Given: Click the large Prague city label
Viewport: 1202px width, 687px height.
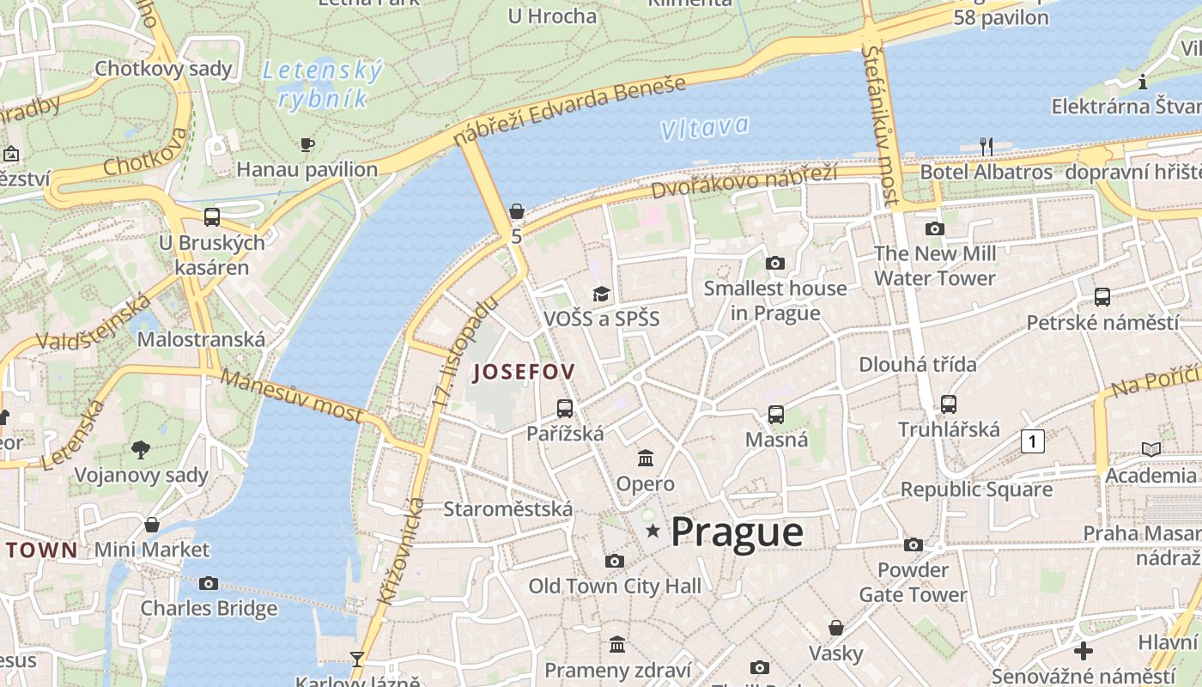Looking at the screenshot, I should tap(737, 532).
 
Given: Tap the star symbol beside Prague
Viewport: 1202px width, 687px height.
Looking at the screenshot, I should tap(653, 532).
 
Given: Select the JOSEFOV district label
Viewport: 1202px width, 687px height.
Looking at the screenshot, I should tap(524, 372).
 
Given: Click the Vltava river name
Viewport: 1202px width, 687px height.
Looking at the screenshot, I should tap(705, 128).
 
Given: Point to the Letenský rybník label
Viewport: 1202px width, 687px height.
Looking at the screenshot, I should tap(322, 83).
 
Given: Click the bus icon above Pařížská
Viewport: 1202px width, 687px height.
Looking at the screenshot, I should tap(564, 409).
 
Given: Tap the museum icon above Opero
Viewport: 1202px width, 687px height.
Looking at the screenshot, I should tap(646, 459).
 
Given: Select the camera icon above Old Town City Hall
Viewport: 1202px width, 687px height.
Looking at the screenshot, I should tap(614, 562).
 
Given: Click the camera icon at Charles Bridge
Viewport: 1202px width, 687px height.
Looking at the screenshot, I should tap(208, 584).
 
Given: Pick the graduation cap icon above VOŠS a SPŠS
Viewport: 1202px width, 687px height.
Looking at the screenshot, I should tap(601, 295).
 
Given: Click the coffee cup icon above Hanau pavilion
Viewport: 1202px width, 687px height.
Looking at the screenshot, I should tap(307, 144).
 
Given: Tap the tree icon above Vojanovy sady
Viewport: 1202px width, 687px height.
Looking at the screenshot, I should tap(141, 449).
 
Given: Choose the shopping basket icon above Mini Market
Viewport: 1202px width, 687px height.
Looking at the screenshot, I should tap(152, 525).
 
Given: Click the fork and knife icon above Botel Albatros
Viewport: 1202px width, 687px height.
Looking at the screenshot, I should tap(986, 147).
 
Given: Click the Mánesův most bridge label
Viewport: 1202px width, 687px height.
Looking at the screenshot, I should tap(292, 395).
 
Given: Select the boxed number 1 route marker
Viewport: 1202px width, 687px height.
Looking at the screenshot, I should tap(1032, 441).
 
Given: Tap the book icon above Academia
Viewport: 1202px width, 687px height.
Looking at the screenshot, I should tap(1150, 449).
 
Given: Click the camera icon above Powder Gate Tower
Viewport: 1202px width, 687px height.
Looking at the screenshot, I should tap(914, 545).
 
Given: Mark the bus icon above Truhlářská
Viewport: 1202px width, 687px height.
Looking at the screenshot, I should tap(949, 404).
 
